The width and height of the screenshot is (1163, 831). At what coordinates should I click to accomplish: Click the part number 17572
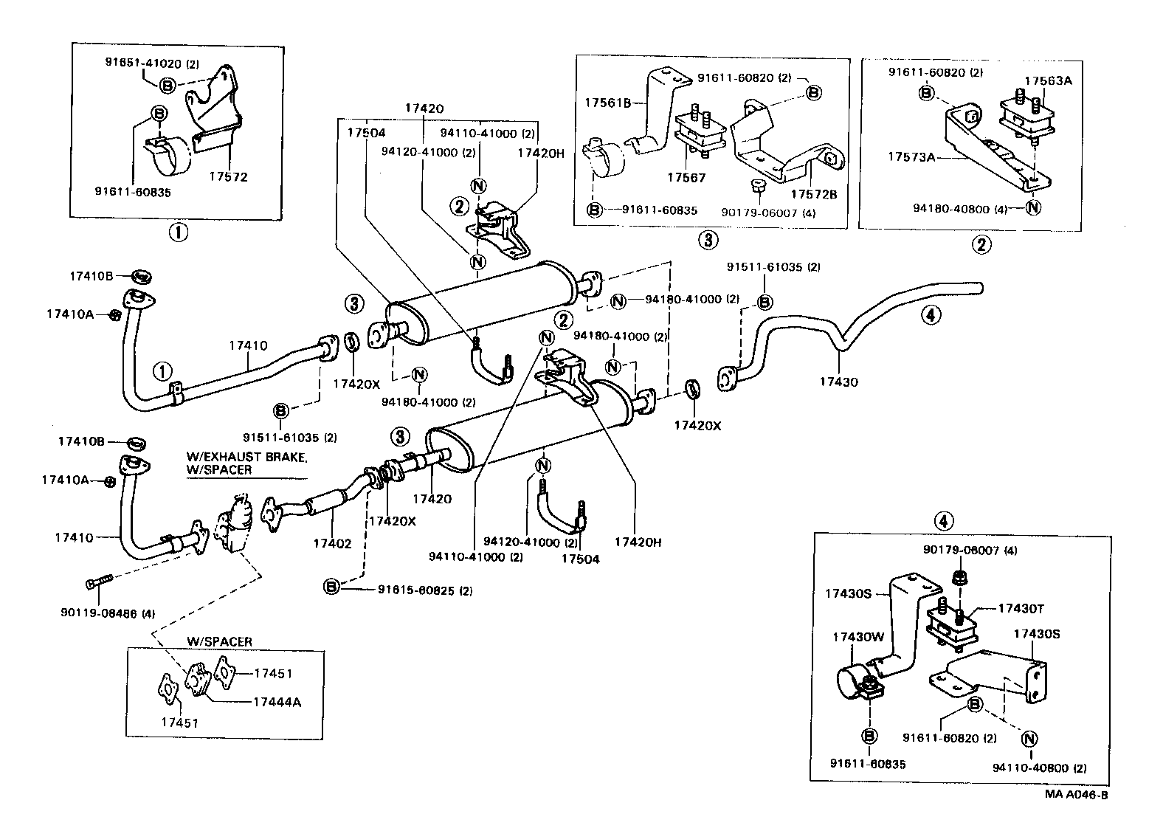pos(228,178)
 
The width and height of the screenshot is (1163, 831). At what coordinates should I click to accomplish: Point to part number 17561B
pos(608,103)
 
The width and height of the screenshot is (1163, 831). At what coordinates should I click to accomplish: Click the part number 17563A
pos(1048,81)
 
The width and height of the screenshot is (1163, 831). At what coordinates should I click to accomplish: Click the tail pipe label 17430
pos(839,382)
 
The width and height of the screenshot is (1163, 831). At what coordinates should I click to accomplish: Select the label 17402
pos(333,543)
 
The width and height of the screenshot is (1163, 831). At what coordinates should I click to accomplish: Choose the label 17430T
pos(1020,608)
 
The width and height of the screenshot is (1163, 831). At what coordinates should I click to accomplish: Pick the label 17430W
pos(855,636)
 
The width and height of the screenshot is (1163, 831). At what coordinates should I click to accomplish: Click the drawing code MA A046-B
pos(1076,795)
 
